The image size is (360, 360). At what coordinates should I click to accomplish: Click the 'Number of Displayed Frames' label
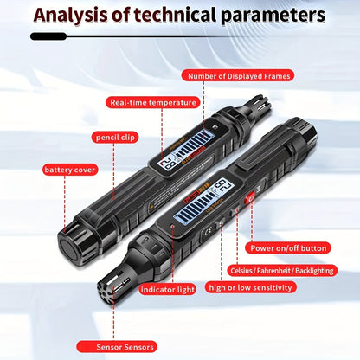coord(238,76)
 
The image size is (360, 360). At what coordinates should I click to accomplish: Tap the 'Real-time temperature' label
coord(152,103)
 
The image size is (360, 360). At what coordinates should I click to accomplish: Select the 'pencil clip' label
coord(115,138)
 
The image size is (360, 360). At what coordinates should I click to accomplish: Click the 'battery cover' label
coord(70,170)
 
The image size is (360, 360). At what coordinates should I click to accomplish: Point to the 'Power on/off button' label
coord(288,248)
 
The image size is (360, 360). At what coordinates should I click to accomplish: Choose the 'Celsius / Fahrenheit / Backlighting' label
coord(282,271)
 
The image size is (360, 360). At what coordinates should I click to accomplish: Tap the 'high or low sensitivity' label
coord(250,287)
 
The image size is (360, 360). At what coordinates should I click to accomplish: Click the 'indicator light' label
coord(168,289)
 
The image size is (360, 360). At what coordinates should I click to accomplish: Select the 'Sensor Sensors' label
coord(117,347)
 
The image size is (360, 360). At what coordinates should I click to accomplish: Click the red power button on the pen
coord(250,198)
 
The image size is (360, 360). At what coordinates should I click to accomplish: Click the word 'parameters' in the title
coord(273,16)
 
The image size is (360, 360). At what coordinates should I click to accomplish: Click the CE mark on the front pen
coord(207,233)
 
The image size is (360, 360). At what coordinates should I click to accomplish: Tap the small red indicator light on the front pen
coord(172,226)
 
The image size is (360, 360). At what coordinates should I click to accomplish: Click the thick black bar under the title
coord(48,36)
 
